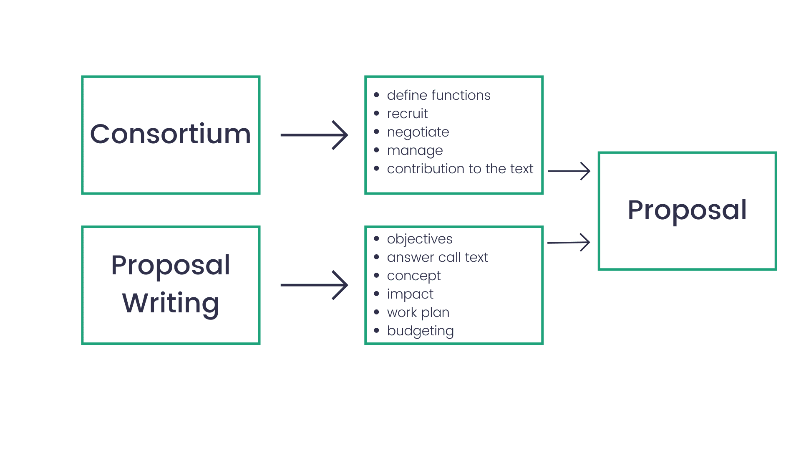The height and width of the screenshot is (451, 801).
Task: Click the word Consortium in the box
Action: coord(171,134)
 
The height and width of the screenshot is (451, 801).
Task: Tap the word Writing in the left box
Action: coord(171,303)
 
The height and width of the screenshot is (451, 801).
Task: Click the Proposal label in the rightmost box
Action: coord(687,210)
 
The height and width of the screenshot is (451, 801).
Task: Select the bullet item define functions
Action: coord(438,95)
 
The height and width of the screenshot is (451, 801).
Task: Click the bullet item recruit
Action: coord(407,114)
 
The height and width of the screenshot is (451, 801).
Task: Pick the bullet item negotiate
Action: coord(418,132)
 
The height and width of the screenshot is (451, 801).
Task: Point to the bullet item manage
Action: coord(415,150)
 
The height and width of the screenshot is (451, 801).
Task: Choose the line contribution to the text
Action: coord(460,169)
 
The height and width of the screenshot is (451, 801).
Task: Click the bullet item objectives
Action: coord(419,239)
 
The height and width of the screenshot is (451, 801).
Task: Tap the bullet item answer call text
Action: coord(437,257)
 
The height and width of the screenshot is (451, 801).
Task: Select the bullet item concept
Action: coord(413,276)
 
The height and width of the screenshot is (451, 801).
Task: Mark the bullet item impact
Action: coord(410,294)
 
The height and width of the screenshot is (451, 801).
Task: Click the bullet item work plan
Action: coord(418,312)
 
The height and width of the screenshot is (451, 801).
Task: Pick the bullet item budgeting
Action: coord(420,331)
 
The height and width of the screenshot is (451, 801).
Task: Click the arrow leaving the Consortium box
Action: coord(314,135)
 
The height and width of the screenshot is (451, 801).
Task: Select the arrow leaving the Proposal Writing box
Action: coord(314,285)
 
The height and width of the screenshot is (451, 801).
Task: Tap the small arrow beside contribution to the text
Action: coord(569,171)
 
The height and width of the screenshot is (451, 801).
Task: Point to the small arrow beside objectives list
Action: coord(569,242)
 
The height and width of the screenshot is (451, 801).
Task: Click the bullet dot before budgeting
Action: coord(377,330)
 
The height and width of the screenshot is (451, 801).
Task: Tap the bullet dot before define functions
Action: coord(377,95)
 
